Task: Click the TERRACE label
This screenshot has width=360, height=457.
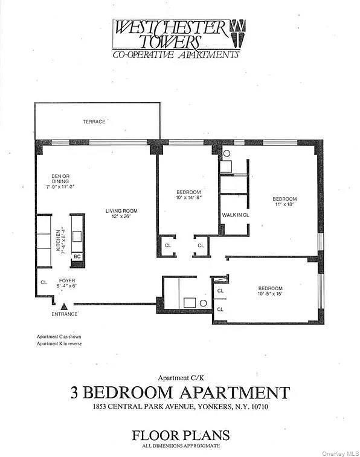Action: click(94, 122)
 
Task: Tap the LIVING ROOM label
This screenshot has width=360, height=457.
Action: click(122, 211)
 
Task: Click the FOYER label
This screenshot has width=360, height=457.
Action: click(67, 280)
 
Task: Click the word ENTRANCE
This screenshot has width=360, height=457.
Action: click(65, 314)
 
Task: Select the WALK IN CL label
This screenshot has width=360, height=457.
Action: click(236, 215)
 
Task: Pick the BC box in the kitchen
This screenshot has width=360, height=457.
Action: click(77, 256)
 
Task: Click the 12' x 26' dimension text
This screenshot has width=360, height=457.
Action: click(122, 217)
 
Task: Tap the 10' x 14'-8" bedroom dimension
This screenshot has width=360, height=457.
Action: click(188, 197)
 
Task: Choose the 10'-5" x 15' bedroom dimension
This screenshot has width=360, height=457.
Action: click(270, 294)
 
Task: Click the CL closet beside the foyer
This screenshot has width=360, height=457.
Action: click(44, 282)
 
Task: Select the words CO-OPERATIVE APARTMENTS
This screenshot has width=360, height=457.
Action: click(176, 54)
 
